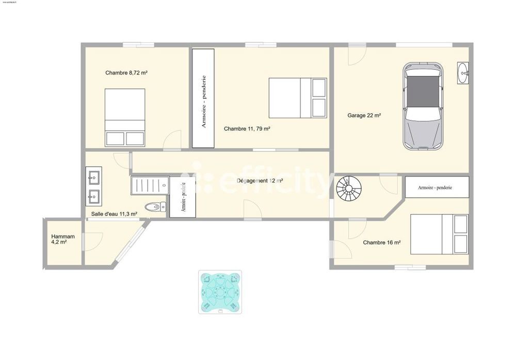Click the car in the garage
point(423,106)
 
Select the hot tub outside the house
point(220,292)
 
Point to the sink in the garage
point(463,73)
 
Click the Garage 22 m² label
point(364,116)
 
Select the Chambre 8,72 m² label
point(127,73)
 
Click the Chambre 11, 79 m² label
point(247,129)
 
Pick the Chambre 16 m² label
point(382,242)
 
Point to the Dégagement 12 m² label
point(260,181)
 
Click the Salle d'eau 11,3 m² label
point(114,214)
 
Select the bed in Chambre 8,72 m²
point(125,117)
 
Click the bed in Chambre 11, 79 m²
point(298,98)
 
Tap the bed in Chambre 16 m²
point(439,234)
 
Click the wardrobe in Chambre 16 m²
point(437,187)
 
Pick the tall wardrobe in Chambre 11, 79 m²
point(203,98)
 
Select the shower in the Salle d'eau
point(150,185)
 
